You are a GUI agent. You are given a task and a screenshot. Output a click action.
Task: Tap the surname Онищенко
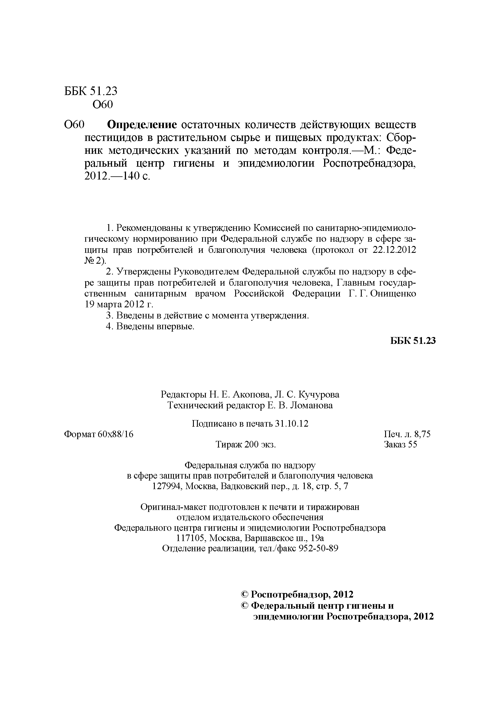[393, 294]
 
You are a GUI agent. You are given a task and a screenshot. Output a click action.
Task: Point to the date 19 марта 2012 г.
[119, 305]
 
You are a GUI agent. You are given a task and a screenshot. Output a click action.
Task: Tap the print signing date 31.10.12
[292, 424]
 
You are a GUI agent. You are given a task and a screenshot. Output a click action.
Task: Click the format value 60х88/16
[115, 434]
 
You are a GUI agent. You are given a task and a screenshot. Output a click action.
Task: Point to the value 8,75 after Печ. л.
[422, 434]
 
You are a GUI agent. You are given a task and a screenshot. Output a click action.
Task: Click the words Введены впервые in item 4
[155, 326]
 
